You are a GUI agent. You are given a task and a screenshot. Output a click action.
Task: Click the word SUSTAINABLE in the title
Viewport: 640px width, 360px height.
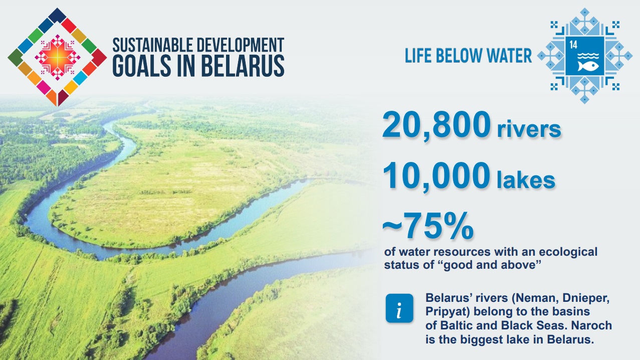[x=153, y=45]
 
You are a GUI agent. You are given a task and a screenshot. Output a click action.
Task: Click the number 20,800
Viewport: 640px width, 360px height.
[x=437, y=125]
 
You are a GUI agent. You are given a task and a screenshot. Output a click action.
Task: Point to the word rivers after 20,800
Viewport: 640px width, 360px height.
[x=529, y=129]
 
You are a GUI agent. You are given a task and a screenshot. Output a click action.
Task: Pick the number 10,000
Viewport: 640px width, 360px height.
[x=437, y=176]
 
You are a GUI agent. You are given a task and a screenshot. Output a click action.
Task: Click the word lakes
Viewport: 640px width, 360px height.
[x=526, y=180]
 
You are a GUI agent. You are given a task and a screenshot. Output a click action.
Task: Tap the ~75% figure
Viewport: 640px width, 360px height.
[x=428, y=226]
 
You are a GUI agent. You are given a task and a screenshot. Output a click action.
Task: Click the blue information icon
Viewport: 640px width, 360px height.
[x=399, y=308]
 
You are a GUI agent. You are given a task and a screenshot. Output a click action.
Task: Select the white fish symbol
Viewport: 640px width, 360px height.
[x=588, y=66]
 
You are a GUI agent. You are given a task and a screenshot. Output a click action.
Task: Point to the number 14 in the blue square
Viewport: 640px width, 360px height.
[x=573, y=45]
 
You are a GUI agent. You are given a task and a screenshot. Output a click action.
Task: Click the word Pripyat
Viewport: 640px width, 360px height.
[x=448, y=312]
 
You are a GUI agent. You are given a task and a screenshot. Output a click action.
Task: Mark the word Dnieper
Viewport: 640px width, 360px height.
[x=586, y=298]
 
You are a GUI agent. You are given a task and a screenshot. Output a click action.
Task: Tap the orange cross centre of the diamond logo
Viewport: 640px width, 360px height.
[x=58, y=57]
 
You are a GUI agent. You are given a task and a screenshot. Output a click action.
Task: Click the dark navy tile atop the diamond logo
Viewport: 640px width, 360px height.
[x=57, y=15]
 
